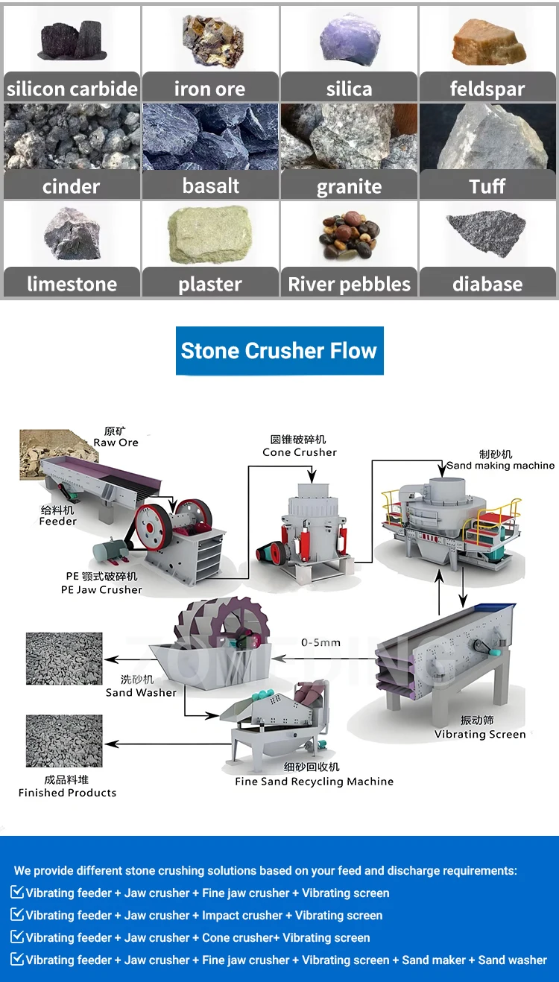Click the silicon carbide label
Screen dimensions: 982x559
point(72,89)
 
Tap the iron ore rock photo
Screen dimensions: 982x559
point(209,39)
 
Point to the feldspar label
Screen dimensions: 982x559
point(487,89)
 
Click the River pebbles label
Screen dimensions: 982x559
point(349,284)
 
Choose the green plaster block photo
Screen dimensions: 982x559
point(209,235)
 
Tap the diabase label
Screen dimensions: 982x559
point(487,284)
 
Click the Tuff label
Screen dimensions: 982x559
point(487,186)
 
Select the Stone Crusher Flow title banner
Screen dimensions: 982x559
point(279,351)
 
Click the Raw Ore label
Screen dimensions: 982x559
point(116,443)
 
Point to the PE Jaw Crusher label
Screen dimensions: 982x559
point(101,589)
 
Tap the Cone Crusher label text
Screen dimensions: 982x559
point(299,452)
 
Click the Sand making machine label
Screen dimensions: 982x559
point(500,466)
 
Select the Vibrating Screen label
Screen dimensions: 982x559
point(480,734)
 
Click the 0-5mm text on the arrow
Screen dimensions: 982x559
point(320,642)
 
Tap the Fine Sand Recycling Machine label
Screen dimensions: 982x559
point(314,782)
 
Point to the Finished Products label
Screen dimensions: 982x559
point(67,793)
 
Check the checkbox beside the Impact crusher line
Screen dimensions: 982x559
point(18,915)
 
